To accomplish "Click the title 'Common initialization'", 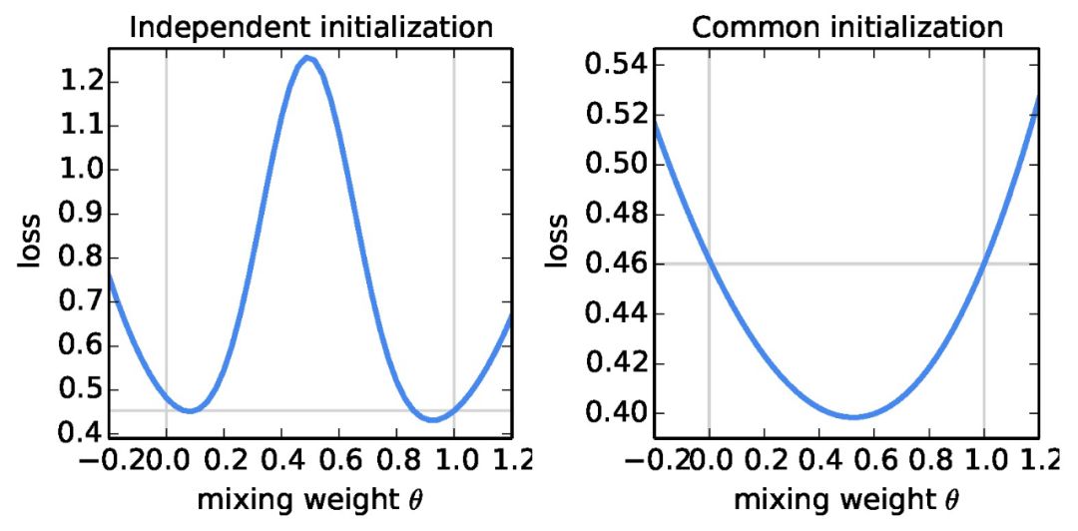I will tap(847, 26).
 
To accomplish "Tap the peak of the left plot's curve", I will tap(310, 58).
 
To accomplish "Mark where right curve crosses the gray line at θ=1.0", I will tap(984, 264).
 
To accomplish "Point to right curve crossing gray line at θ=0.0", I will tap(710, 264).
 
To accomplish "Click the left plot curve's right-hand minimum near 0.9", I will tap(432, 419).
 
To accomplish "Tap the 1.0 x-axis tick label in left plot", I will tap(455, 460).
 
